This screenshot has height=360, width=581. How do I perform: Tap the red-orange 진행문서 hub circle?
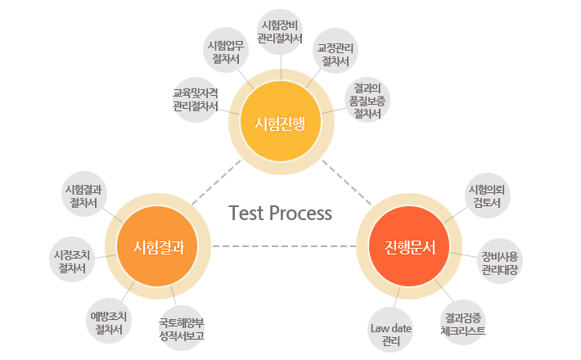click(404, 246)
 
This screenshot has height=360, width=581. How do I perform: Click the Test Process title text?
click(281, 214)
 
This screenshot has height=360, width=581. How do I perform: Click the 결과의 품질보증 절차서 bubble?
click(367, 101)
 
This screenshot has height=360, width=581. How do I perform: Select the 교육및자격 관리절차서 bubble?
click(195, 99)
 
